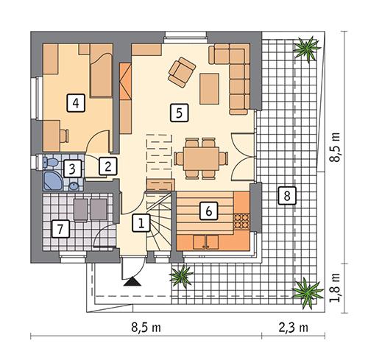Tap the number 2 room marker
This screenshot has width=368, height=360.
[107, 166]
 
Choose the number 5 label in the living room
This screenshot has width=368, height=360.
[177, 112]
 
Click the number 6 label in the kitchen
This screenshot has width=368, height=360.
[210, 211]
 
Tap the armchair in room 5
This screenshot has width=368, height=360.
[181, 71]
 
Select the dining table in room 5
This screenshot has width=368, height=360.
[200, 158]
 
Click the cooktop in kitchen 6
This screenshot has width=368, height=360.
[241, 219]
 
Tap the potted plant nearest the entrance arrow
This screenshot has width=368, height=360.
[179, 276]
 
